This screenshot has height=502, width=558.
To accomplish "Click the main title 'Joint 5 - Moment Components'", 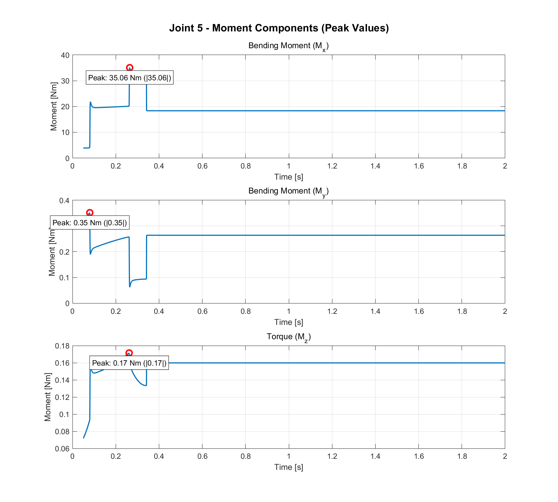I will (279, 28).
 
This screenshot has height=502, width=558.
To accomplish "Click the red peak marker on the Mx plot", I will (130, 67).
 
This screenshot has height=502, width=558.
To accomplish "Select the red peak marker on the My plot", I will (90, 213).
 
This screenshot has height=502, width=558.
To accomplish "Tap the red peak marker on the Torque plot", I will (129, 353).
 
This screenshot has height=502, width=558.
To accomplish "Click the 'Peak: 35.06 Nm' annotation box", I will (130, 78).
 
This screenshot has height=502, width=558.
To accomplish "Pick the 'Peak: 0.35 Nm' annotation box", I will (90, 223).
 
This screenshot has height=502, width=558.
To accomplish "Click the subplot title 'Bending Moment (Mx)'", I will (288, 46).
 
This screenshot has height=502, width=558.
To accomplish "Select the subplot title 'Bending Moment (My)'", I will (288, 191).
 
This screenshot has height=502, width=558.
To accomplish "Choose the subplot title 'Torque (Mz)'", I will (288, 337).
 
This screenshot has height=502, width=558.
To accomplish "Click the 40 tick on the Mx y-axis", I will (65, 55).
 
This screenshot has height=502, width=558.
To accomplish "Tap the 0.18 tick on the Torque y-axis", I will (62, 346).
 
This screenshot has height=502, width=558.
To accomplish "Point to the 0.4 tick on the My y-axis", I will (64, 201).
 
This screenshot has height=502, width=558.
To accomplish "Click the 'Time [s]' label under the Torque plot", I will (288, 467).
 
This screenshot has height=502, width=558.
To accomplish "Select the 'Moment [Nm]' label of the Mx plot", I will (54, 106).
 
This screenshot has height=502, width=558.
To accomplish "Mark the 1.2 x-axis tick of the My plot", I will (332, 311).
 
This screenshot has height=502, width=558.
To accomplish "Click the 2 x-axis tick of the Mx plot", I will (505, 166).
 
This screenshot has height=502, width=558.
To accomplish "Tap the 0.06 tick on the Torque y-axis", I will (62, 449).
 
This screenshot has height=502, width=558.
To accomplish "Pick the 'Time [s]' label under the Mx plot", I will (288, 177).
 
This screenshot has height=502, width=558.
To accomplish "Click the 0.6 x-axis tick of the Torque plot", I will (202, 456).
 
